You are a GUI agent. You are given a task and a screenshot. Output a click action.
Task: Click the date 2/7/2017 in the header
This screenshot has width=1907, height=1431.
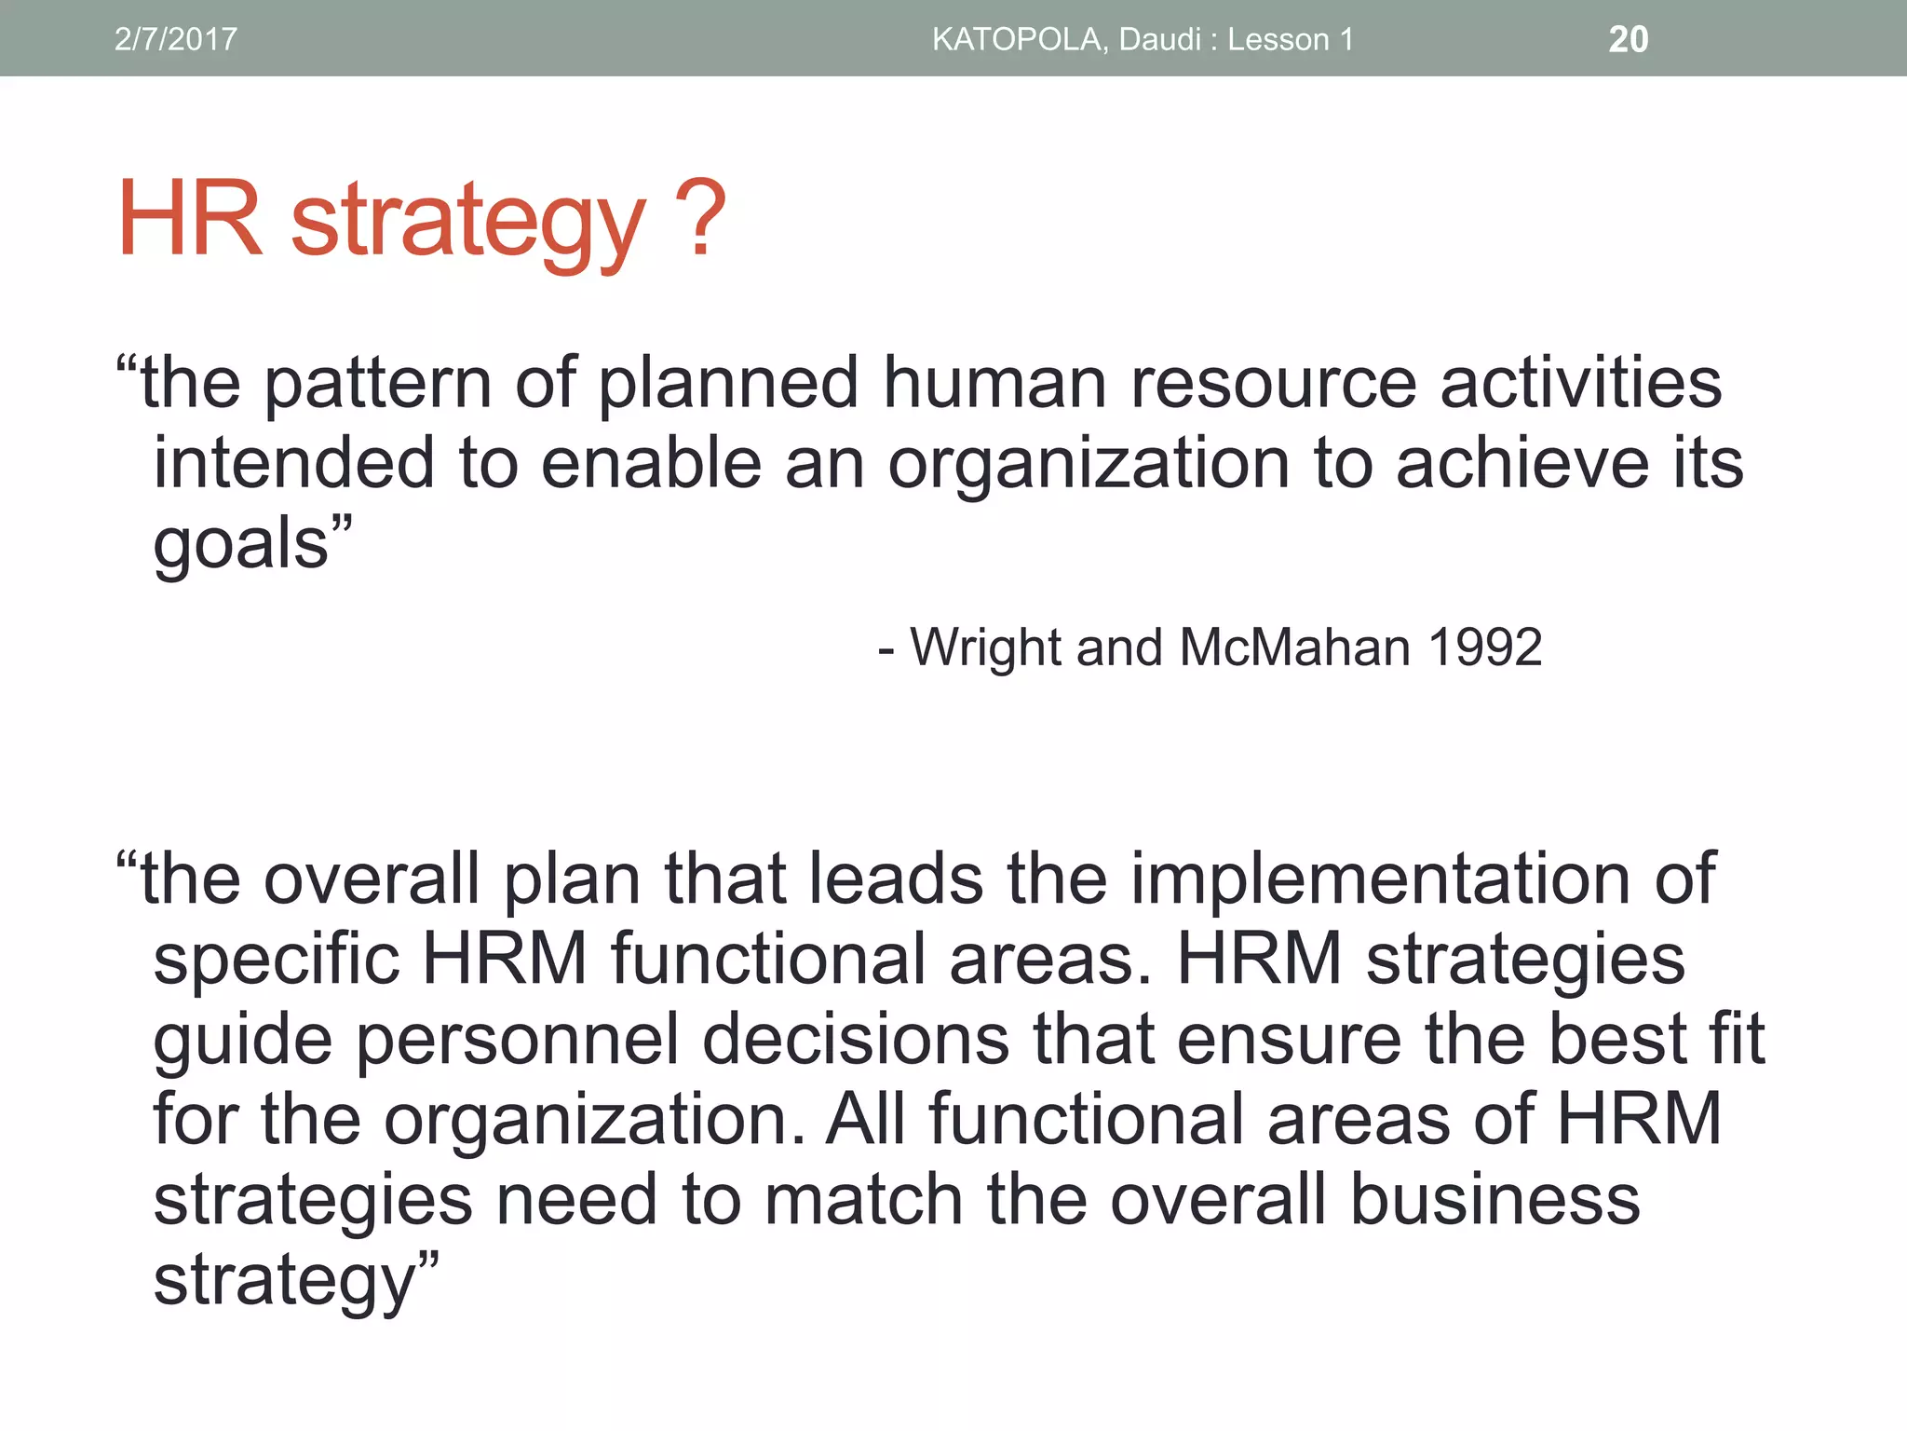pyautogui.click(x=175, y=39)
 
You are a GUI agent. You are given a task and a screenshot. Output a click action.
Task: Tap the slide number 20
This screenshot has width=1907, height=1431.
pyautogui.click(x=1628, y=39)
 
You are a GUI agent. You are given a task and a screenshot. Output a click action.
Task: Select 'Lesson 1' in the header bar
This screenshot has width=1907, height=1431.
pyautogui.click(x=1290, y=39)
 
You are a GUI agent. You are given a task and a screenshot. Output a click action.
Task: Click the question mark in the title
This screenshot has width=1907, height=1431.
pyautogui.click(x=697, y=220)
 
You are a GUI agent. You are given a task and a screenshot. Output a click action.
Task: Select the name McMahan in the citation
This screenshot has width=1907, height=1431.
pyautogui.click(x=1294, y=647)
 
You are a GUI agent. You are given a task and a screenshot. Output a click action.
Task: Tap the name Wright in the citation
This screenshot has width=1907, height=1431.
pyautogui.click(x=986, y=647)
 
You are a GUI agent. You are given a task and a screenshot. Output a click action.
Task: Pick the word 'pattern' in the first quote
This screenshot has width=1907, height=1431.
pyautogui.click(x=378, y=384)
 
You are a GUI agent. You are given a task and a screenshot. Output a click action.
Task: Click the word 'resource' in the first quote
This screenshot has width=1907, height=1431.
pyautogui.click(x=1273, y=384)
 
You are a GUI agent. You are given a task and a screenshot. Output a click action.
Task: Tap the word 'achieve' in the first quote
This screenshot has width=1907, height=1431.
pyautogui.click(x=1522, y=463)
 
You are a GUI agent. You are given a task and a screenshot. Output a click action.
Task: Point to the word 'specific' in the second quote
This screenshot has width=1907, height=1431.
pyautogui.click(x=277, y=960)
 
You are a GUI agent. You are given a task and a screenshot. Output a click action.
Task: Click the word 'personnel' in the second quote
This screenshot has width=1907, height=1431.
pyautogui.click(x=518, y=1040)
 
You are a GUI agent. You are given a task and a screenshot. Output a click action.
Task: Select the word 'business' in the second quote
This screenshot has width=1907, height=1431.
pyautogui.click(x=1495, y=1200)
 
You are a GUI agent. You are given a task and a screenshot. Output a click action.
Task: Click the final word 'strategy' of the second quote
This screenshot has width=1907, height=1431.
pyautogui.click(x=284, y=1281)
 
